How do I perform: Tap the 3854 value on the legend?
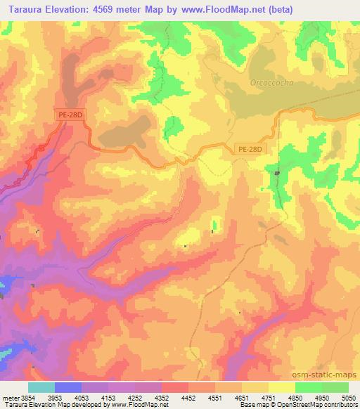[x=26, y=398]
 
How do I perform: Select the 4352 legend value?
[x=162, y=398]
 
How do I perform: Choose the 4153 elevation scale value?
[x=108, y=398]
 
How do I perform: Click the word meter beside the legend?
[x=8, y=398]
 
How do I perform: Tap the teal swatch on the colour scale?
[x=41, y=387]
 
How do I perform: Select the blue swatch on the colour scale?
[x=67, y=387]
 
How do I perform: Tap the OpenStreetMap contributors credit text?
[x=320, y=405]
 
